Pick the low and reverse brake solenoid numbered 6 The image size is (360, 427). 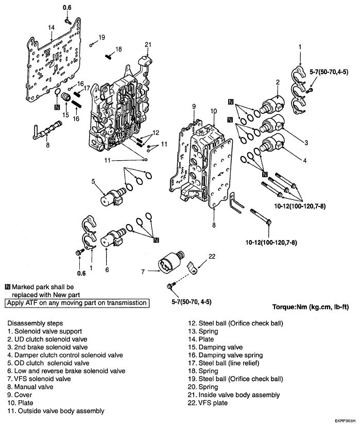(113, 238)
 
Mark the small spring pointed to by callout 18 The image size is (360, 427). (109, 56)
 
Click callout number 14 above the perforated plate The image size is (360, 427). (51, 27)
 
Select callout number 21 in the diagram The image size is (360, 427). (148, 44)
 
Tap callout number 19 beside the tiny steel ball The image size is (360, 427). (101, 37)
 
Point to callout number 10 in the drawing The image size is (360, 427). (214, 111)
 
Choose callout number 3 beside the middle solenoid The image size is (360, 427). (306, 143)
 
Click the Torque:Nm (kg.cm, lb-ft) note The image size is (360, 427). (311, 307)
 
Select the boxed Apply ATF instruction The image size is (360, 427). (77, 303)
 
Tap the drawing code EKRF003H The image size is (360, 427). (345, 421)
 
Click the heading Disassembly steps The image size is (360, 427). (35, 323)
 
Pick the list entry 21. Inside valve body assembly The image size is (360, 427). (234, 395)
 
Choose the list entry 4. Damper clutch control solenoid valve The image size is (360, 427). (65, 355)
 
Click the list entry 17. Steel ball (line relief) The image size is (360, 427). (224, 363)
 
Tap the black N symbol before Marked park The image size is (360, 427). (8, 287)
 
